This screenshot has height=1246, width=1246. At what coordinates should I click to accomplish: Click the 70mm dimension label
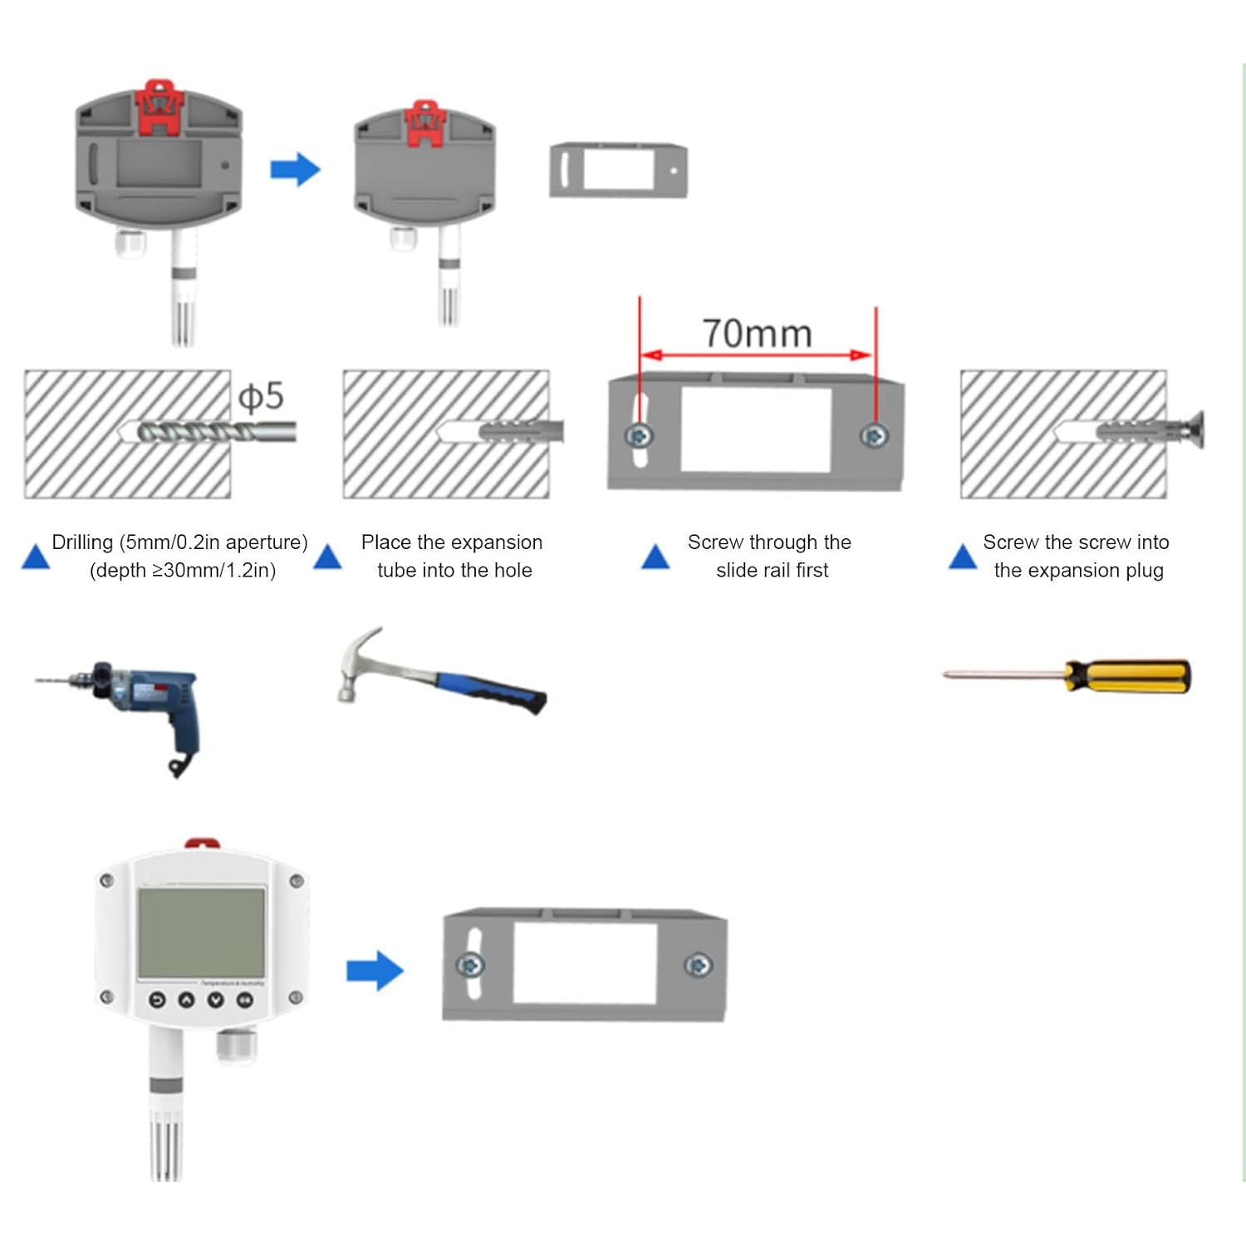(757, 334)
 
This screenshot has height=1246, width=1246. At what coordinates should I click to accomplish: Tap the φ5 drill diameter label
(261, 396)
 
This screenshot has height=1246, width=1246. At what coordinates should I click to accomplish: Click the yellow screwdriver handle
(1130, 676)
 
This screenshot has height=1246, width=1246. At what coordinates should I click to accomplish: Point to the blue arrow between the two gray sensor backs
(295, 169)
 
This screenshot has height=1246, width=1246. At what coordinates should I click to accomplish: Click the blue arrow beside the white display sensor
(375, 970)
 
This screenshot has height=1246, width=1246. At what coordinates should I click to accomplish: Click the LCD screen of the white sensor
(202, 932)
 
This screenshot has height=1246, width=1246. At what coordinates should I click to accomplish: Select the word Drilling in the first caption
(82, 542)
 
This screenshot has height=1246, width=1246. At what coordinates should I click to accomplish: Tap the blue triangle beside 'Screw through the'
(655, 557)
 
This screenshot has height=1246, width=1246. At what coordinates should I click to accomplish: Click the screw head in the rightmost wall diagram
(1196, 429)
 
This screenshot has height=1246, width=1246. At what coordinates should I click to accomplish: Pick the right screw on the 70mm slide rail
(874, 435)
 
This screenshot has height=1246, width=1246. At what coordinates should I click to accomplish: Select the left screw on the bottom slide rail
(471, 965)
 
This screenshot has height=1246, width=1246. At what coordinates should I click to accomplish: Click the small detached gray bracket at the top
(618, 170)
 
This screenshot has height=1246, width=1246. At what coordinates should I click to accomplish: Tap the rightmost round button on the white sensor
(245, 999)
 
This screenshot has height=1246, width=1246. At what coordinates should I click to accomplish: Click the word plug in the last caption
(1144, 571)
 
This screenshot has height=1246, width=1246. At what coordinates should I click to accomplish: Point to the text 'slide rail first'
(772, 571)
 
